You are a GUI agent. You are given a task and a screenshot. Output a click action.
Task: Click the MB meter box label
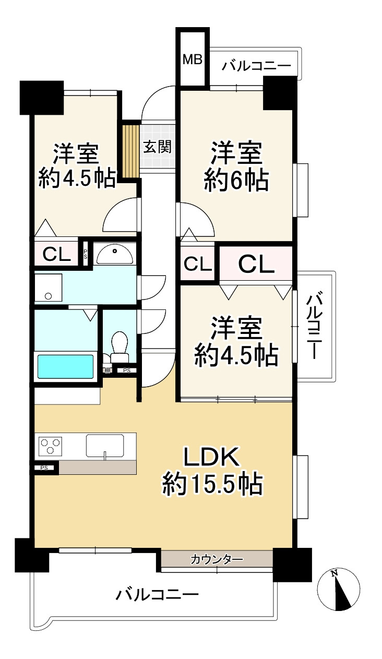tap(193, 60)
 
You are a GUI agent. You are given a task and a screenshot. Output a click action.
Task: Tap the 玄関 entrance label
tap(158, 146)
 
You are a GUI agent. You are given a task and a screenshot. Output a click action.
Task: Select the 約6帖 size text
tap(236, 180)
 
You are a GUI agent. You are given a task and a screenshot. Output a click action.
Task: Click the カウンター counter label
tap(217, 559)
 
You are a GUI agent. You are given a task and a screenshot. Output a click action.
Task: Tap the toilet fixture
tap(120, 348)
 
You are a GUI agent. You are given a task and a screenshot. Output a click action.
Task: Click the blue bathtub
tap(65, 366)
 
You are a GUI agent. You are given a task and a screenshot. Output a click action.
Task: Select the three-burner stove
tap(50, 446)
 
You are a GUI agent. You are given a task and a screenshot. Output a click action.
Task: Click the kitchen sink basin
tap(105, 445)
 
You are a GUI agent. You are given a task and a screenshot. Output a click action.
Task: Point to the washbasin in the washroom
tap(115, 254)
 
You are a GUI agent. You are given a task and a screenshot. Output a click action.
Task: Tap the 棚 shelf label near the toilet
tap(107, 370)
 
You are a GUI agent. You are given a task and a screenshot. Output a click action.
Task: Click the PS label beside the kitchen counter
tap(44, 468)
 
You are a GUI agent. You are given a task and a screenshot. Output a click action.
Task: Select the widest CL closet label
tap(256, 265)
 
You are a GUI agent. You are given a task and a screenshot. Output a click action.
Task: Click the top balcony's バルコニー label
tap(256, 66)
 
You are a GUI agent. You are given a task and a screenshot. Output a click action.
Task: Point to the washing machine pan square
tap(48, 287)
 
